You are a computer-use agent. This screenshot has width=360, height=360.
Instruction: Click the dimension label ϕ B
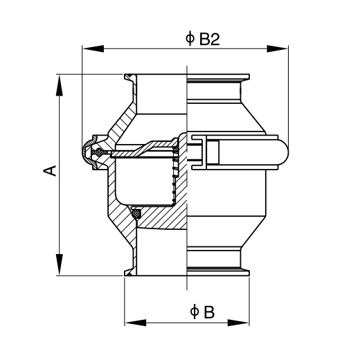202,312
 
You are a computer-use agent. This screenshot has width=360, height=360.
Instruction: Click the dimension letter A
50,171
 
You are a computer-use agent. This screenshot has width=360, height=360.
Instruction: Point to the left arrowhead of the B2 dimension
93,48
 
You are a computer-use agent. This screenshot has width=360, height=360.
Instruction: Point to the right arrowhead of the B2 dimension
277,48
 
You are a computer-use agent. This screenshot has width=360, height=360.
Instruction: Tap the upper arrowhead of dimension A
60,85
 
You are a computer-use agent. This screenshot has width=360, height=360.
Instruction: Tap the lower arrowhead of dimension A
60,264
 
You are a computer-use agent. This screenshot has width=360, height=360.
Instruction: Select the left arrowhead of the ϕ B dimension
136,323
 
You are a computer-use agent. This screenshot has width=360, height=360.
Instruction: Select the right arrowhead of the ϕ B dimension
238,323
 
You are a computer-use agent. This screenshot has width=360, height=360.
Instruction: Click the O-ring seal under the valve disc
136,214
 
